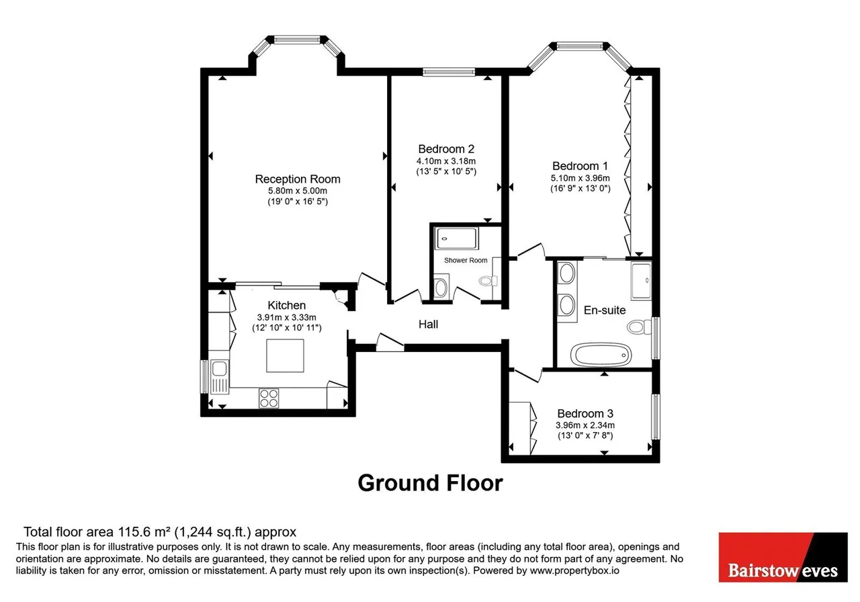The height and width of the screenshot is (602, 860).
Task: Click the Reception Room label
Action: tap(298, 179)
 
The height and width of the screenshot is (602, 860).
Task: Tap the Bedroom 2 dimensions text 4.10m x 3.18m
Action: tap(446, 161)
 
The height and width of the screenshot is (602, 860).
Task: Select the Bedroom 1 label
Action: tap(580, 166)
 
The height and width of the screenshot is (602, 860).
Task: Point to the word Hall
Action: tap(428, 325)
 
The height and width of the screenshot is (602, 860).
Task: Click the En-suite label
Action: tap(605, 310)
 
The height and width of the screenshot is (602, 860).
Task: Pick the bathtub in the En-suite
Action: tap(601, 354)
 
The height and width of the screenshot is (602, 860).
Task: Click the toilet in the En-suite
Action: tap(639, 327)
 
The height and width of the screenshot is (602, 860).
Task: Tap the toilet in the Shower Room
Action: tap(488, 281)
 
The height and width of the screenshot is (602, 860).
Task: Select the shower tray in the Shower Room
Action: tap(456, 239)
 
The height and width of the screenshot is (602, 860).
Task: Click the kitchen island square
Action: tap(286, 355)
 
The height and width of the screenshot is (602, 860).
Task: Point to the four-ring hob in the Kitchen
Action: tap(269, 398)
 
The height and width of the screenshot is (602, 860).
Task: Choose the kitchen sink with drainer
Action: tap(220, 377)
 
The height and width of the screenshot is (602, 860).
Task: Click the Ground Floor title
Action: tap(431, 483)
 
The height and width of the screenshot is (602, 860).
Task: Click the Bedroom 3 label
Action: tap(585, 413)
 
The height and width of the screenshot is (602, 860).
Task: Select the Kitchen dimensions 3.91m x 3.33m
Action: tap(286, 318)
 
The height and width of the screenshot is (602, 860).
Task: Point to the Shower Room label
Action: tap(466, 260)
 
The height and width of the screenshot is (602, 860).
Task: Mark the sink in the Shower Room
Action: tap(441, 287)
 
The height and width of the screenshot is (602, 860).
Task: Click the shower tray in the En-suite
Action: tap(641, 281)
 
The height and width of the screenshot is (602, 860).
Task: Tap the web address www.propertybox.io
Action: tap(574, 570)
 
